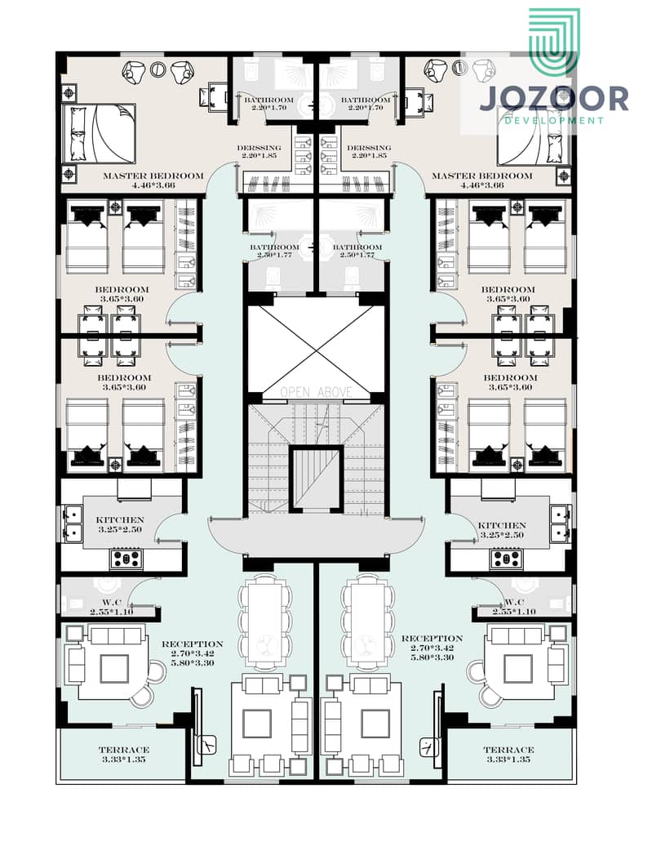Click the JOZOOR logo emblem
click(553, 42)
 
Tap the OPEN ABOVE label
click(317, 392)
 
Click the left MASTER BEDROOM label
click(153, 176)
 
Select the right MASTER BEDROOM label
click(481, 176)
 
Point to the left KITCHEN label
click(120, 520)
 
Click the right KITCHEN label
click(502, 525)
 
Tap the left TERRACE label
click(124, 750)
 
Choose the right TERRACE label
click(508, 750)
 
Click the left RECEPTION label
click(193, 644)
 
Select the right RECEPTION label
click(432, 639)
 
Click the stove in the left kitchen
click(127, 559)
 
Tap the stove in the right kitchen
click(507, 559)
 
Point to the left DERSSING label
click(259, 148)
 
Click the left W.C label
click(111, 603)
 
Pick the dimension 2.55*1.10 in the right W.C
click(513, 612)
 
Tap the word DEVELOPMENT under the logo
click(554, 120)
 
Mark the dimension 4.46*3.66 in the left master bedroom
click(153, 185)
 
